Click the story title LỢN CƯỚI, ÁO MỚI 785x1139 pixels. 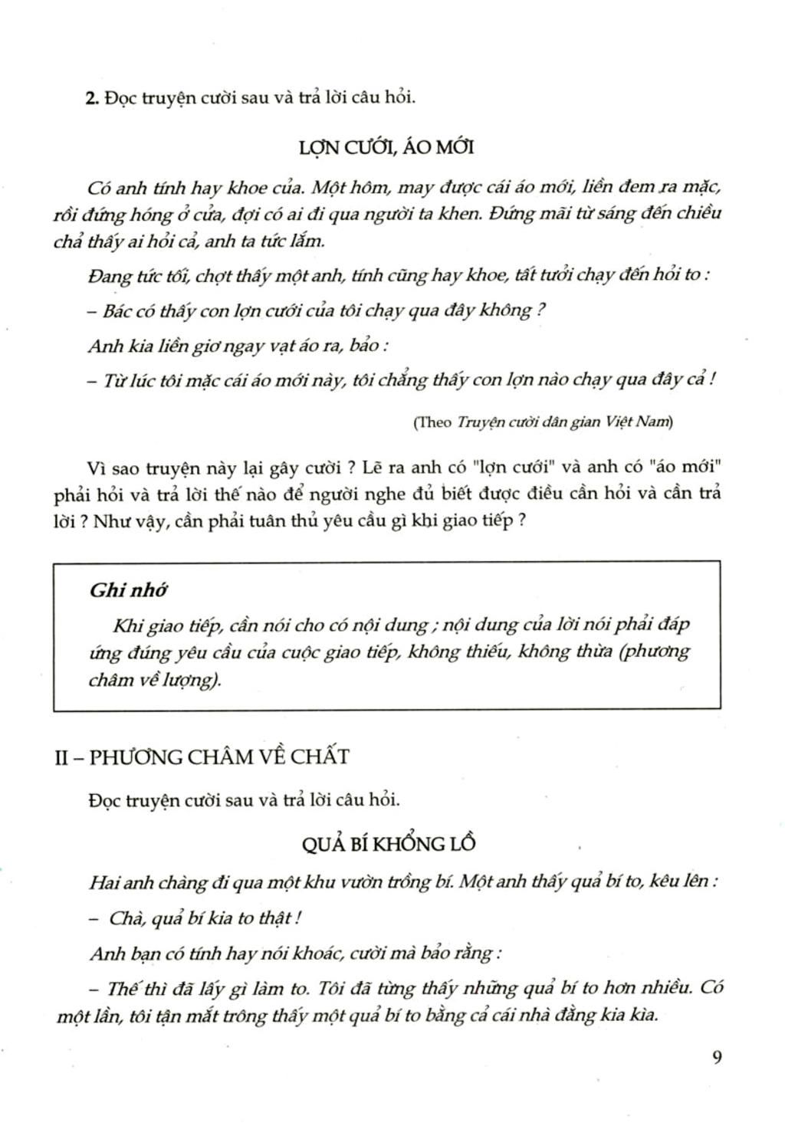[386, 146]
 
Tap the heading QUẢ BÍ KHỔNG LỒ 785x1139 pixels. [389, 843]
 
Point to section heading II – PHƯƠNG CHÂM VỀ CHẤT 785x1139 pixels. [202, 757]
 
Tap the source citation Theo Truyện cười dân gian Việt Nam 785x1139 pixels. [543, 422]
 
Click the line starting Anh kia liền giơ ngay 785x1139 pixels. [238, 346]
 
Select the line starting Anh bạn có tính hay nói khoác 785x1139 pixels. [295, 954]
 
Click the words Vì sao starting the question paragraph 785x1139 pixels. [110, 468]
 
